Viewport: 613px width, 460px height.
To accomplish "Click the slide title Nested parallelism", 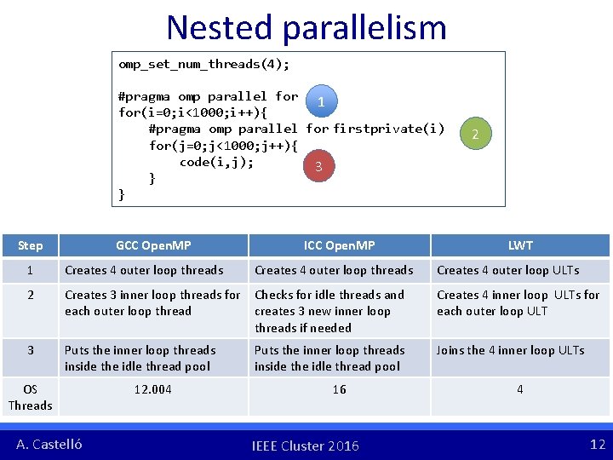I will click(306, 27).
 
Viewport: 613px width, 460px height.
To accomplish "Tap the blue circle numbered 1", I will click(320, 102).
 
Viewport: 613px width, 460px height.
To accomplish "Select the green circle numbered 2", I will click(475, 135).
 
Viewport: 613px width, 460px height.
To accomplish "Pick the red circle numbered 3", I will click(318, 167).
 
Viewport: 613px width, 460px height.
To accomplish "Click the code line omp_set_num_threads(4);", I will click(204, 65).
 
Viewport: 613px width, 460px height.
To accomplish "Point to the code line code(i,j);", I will click(216, 162).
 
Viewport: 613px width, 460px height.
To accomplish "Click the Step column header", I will click(30, 245).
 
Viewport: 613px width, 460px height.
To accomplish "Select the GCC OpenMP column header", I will click(153, 245).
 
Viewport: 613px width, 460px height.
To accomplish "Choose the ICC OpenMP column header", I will click(339, 245).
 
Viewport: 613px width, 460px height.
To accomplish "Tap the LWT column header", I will click(520, 245).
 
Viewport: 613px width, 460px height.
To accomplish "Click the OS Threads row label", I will click(30, 397).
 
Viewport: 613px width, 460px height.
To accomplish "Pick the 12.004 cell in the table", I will click(153, 389).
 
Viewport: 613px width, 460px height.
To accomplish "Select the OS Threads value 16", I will click(339, 389).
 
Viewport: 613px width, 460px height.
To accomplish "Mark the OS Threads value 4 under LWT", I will click(520, 389).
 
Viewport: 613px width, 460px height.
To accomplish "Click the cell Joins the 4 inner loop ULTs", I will click(511, 350).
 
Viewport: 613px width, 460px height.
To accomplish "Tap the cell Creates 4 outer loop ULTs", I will click(507, 270).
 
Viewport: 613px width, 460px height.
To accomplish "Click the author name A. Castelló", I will click(49, 444).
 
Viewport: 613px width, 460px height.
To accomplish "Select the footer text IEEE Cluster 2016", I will click(306, 446).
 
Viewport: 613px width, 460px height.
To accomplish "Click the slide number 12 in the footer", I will click(597, 444).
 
